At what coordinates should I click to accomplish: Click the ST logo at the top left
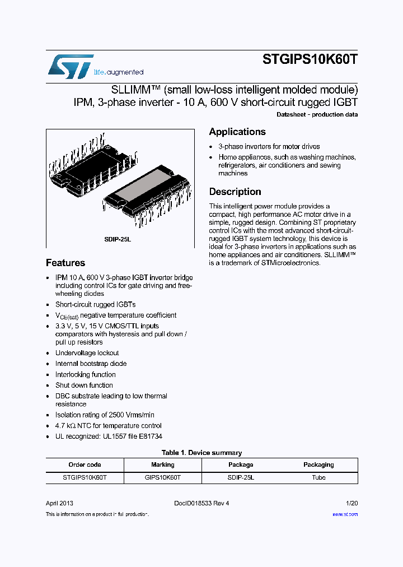[x=71, y=66]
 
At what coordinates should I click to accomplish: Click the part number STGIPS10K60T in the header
[x=310, y=61]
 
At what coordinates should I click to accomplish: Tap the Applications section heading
[x=237, y=132]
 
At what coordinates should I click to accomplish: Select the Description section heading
[x=235, y=192]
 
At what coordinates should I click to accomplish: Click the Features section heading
[x=65, y=263]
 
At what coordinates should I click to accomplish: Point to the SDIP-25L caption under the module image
[x=117, y=239]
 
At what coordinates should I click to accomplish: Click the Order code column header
[x=85, y=464]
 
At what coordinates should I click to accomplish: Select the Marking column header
[x=163, y=464]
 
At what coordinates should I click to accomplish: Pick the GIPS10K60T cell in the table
[x=163, y=477]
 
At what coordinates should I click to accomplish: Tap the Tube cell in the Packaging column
[x=318, y=477]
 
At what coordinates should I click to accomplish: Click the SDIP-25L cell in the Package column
[x=241, y=477]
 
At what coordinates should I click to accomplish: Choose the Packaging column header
[x=318, y=464]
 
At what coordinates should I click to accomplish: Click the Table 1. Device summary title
[x=201, y=453]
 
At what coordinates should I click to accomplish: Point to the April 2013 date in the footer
[x=59, y=503]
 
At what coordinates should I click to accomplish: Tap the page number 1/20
[x=352, y=503]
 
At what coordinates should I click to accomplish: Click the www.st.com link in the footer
[x=345, y=514]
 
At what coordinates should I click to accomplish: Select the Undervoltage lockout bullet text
[x=87, y=353]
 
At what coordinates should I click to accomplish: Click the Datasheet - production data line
[x=317, y=115]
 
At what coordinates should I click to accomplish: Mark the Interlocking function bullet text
[x=86, y=374]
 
